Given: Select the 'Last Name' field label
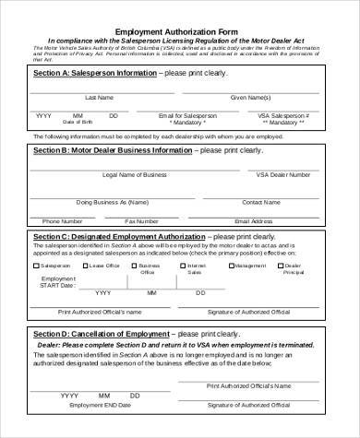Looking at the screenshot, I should click(99, 97).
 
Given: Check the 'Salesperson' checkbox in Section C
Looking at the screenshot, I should click(37, 265).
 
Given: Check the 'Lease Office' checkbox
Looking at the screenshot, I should click(85, 265).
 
